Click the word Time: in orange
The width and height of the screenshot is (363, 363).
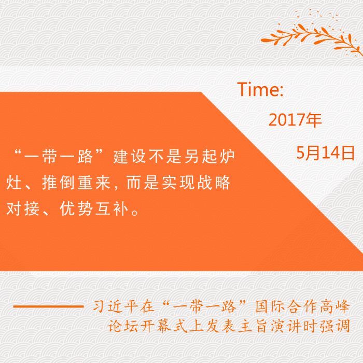260,89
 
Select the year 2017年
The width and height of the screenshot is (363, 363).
295,120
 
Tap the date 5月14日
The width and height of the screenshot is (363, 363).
326,153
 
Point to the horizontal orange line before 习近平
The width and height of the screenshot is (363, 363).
48,306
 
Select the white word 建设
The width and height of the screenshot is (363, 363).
130,157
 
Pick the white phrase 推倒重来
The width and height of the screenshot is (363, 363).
76,183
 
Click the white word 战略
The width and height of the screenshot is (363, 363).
214,183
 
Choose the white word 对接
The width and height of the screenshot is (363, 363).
22,209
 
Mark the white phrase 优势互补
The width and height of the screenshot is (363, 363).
94,209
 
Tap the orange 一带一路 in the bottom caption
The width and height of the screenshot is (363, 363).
204,307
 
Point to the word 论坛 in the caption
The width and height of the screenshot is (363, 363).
123,326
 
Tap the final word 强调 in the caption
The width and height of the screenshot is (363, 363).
334,326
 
